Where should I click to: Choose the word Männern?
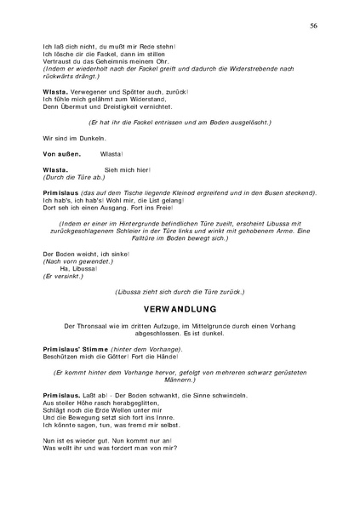179,382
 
